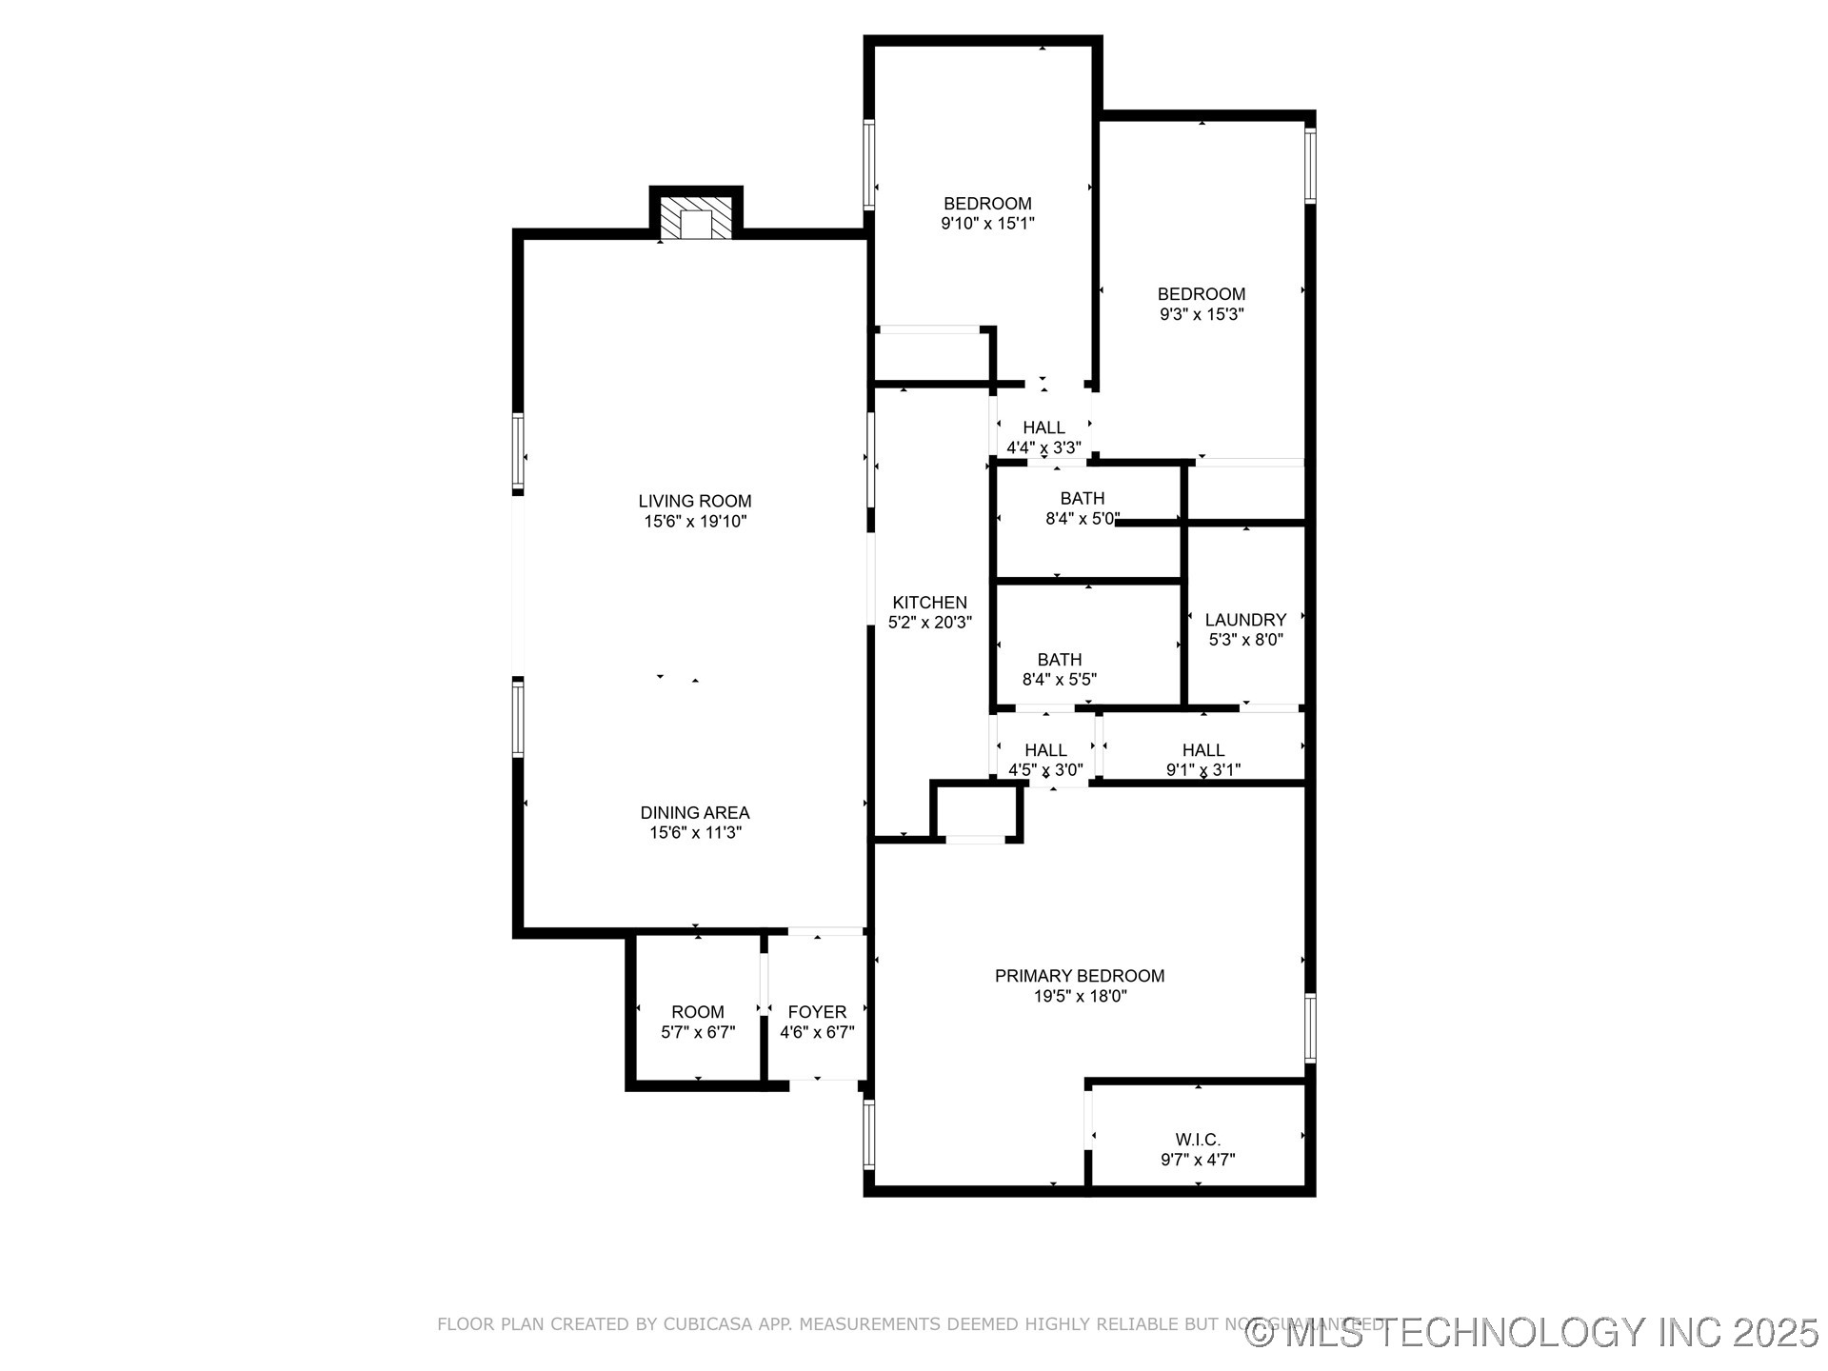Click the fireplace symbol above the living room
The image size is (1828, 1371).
pyautogui.click(x=697, y=219)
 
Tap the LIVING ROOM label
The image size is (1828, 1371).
pyautogui.click(x=695, y=501)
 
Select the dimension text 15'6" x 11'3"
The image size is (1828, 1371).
pyautogui.click(x=695, y=833)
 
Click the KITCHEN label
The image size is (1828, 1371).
pyautogui.click(x=929, y=603)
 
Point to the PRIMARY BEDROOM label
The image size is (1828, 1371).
pyautogui.click(x=1080, y=976)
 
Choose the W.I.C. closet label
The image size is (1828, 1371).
pyautogui.click(x=1198, y=1140)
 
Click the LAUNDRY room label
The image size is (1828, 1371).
pyautogui.click(x=1245, y=620)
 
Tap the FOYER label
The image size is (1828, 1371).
pyautogui.click(x=817, y=1012)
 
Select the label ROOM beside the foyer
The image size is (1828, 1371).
pyautogui.click(x=698, y=1012)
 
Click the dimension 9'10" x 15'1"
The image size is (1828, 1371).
pyautogui.click(x=987, y=224)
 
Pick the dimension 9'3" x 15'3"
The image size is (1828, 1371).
pyautogui.click(x=1202, y=314)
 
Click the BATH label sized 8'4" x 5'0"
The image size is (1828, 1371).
pyautogui.click(x=1083, y=498)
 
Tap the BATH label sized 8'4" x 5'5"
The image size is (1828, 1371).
pyautogui.click(x=1060, y=660)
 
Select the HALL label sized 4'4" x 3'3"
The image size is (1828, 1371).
pyautogui.click(x=1044, y=427)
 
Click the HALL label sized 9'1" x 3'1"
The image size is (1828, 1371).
pyautogui.click(x=1203, y=750)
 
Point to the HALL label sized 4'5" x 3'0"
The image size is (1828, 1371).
pyautogui.click(x=1045, y=750)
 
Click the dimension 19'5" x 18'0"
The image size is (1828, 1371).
pyautogui.click(x=1080, y=997)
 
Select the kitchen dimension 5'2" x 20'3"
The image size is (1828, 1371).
pyautogui.click(x=929, y=623)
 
